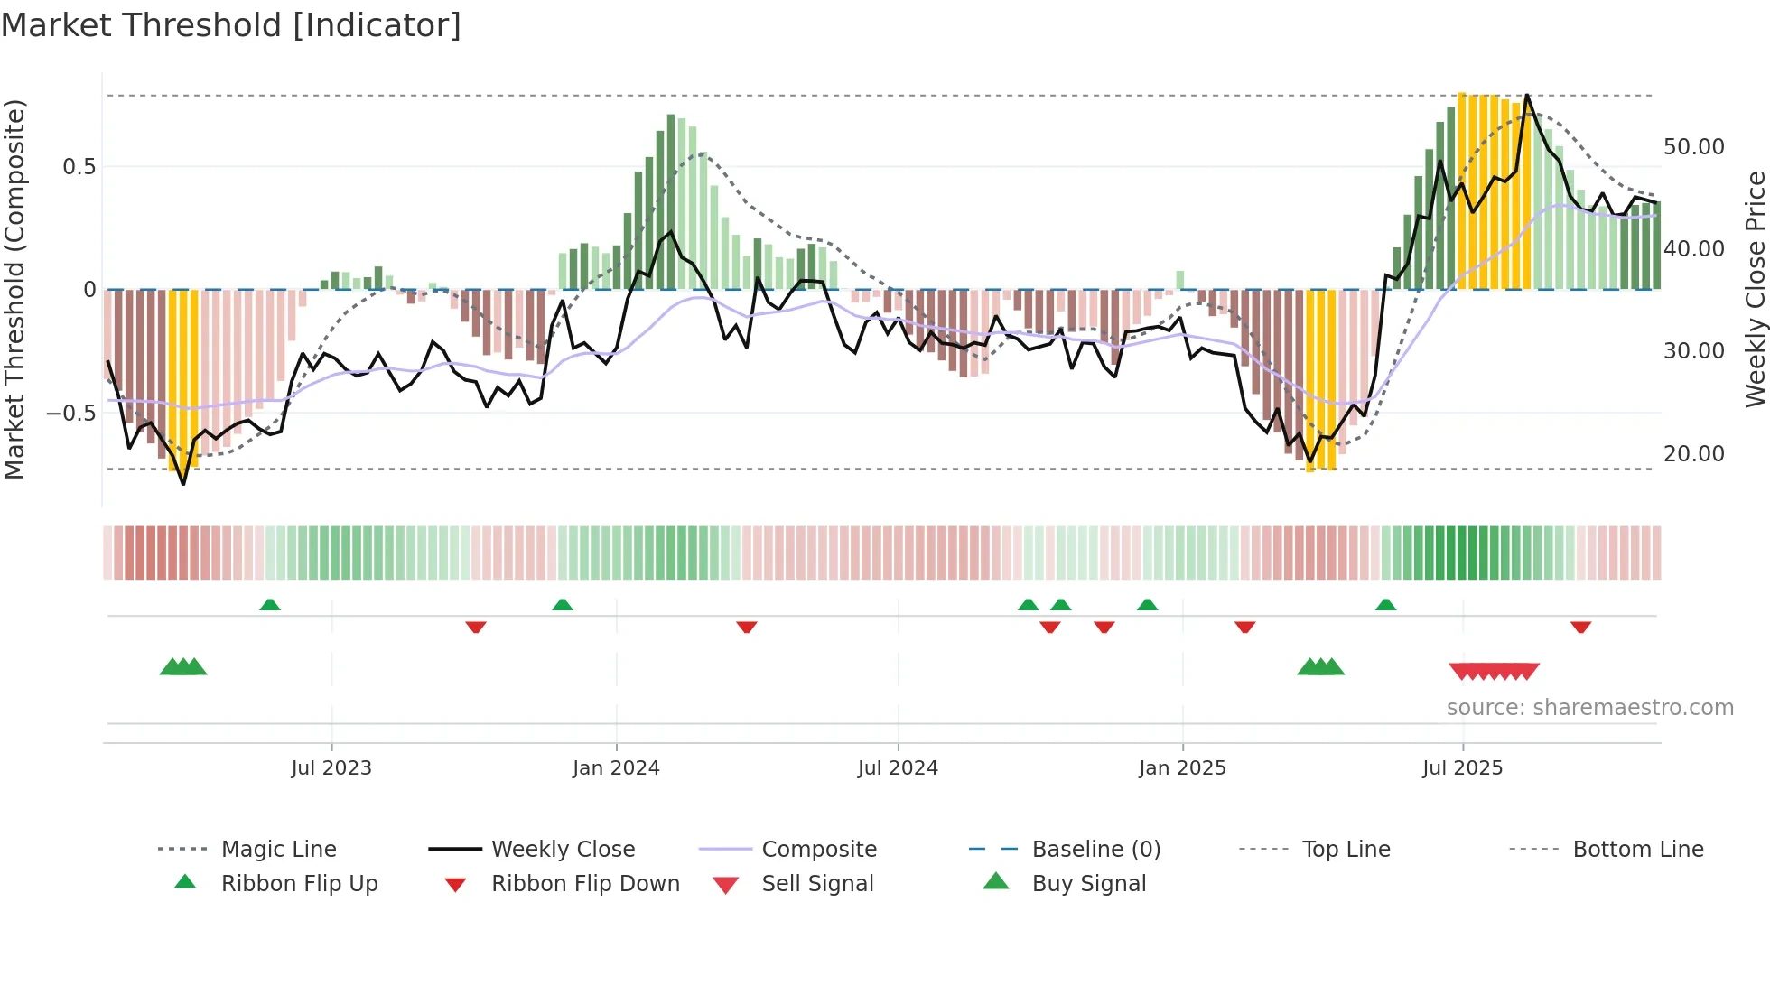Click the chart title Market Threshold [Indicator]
coord(231,25)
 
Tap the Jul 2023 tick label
coord(331,768)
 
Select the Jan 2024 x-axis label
coord(616,768)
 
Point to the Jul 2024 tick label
coord(898,768)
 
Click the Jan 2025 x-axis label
coord(1182,768)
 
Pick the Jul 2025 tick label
coord(1462,768)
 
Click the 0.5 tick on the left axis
coord(79,167)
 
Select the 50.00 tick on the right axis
coord(1693,147)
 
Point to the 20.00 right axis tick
coord(1693,454)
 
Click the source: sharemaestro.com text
coord(1589,708)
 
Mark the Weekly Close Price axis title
coord(1755,289)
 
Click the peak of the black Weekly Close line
coord(1527,95)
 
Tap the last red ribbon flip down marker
coord(1580,627)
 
